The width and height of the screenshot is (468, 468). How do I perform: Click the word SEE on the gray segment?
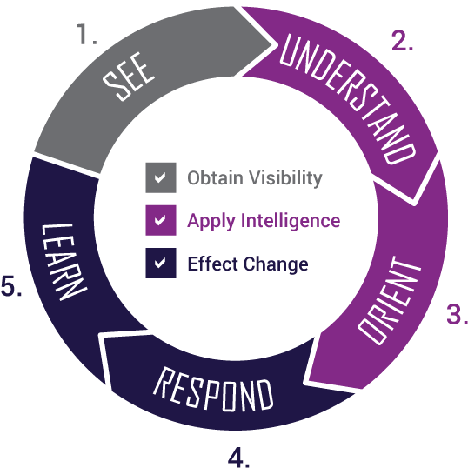pyautogui.click(x=129, y=77)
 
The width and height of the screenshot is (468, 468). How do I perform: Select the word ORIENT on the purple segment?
pyautogui.click(x=390, y=300)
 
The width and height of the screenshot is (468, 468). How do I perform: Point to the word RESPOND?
pyautogui.click(x=214, y=389)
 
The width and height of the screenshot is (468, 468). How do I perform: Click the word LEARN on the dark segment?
pyautogui.click(x=64, y=262)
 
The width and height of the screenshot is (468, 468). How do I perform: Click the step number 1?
pyautogui.click(x=87, y=34)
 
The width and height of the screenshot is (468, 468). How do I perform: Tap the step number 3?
pyautogui.click(x=457, y=314)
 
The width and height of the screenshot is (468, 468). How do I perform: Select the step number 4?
pyautogui.click(x=238, y=457)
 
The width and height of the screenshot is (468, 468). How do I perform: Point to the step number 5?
pyautogui.click(x=11, y=285)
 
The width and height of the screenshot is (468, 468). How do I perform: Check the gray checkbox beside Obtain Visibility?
pyautogui.click(x=161, y=177)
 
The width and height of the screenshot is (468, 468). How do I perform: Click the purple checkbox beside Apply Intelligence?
pyautogui.click(x=161, y=220)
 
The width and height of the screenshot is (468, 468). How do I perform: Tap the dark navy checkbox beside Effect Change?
pyautogui.click(x=161, y=263)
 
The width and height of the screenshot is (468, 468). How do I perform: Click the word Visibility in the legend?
pyautogui.click(x=285, y=178)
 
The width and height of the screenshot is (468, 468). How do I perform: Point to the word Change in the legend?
pyautogui.click(x=276, y=264)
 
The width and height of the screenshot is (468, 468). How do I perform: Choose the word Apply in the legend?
pyautogui.click(x=211, y=222)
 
